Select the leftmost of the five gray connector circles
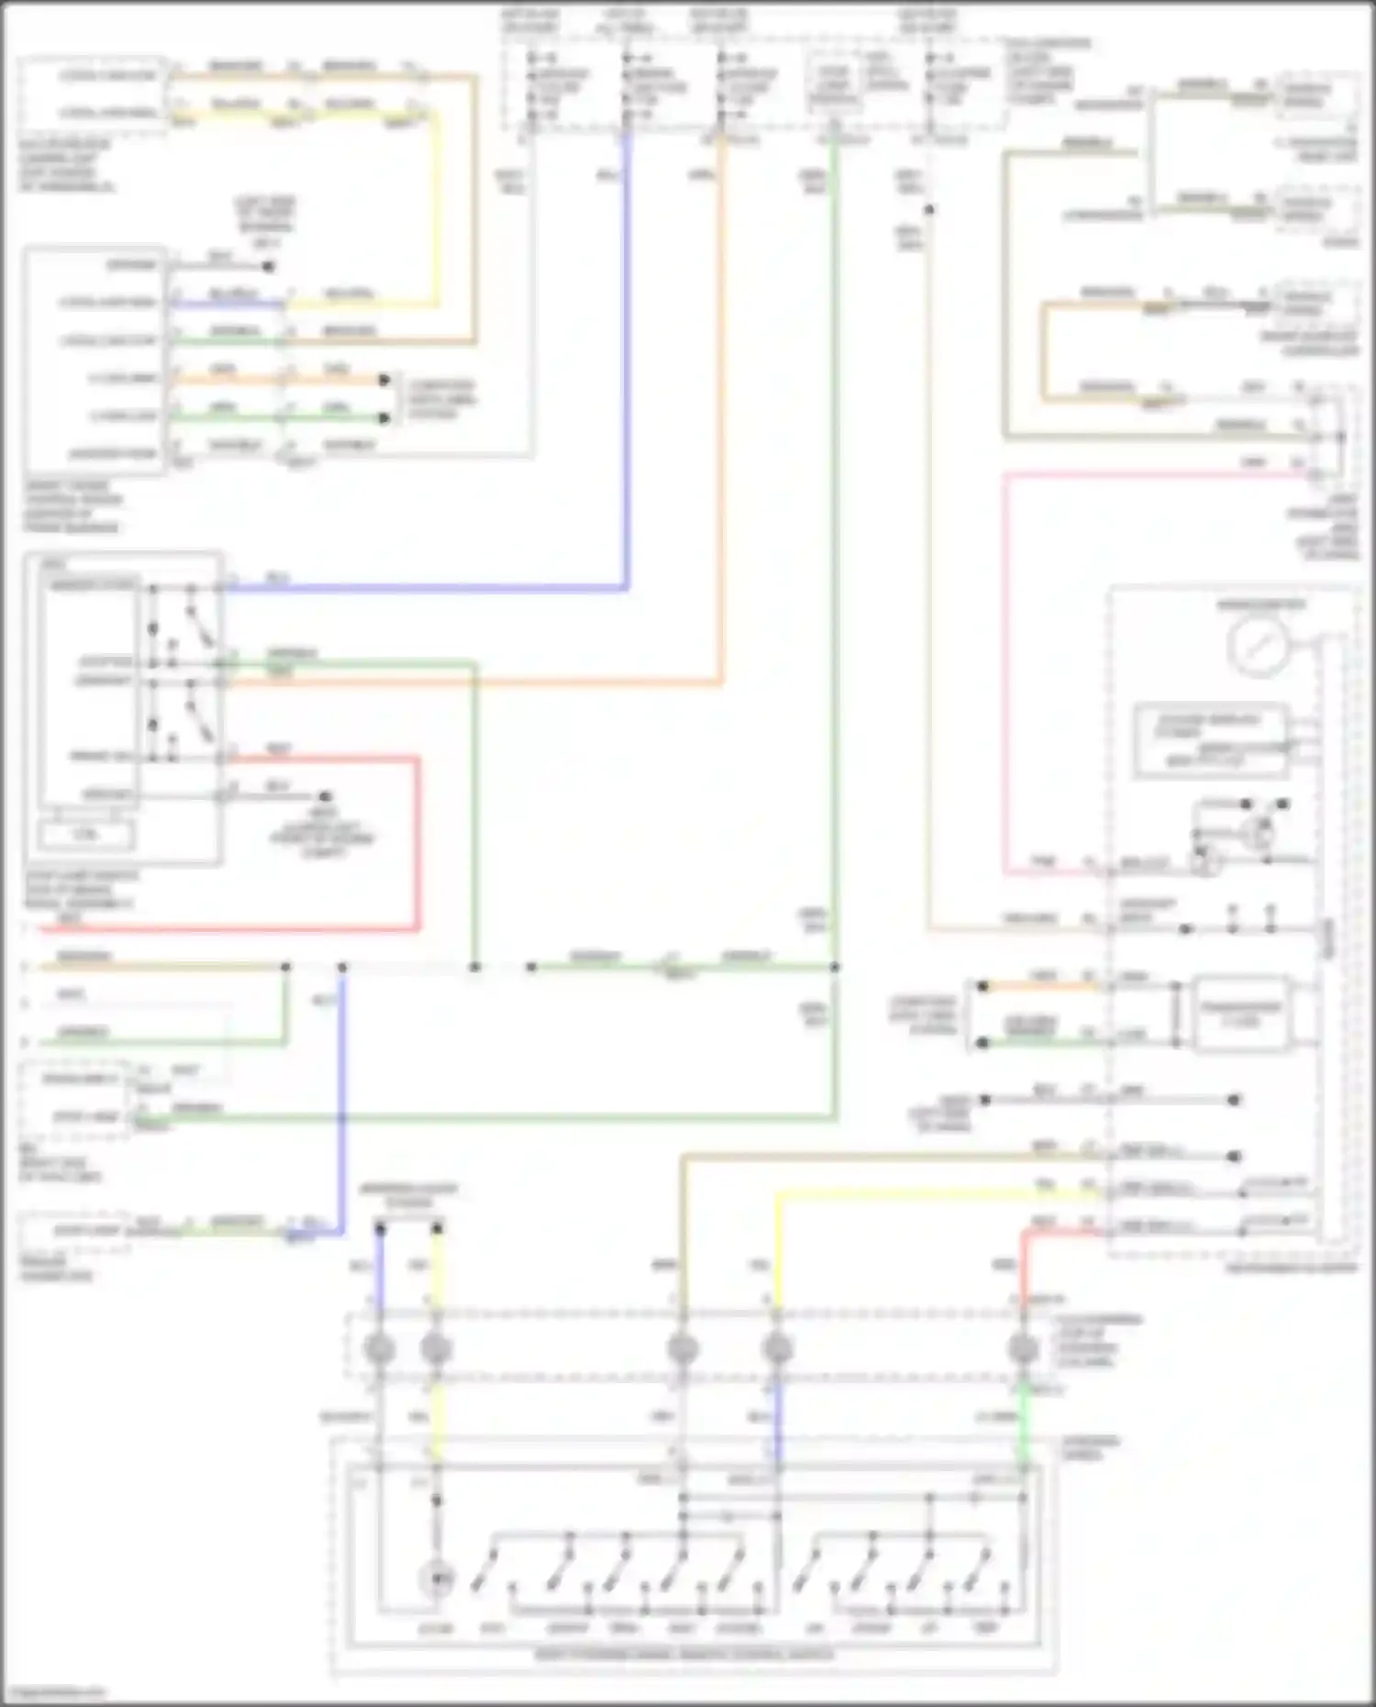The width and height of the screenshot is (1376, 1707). pyautogui.click(x=379, y=1349)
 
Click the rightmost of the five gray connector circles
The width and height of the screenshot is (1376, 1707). pyautogui.click(x=1022, y=1349)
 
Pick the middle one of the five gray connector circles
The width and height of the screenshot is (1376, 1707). pyautogui.click(x=682, y=1349)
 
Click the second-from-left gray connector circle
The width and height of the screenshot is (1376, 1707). pyautogui.click(x=437, y=1349)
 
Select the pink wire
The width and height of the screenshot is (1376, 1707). pyautogui.click(x=1005, y=670)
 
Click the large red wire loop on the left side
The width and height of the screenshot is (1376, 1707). pyautogui.click(x=418, y=844)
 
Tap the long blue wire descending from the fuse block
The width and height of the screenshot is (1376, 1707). pyautogui.click(x=627, y=367)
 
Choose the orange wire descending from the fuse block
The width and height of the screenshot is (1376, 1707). pyautogui.click(x=722, y=413)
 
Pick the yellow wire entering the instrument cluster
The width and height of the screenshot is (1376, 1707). pyautogui.click(x=917, y=1192)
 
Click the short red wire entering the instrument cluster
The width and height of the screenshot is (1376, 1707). pyautogui.click(x=1055, y=1231)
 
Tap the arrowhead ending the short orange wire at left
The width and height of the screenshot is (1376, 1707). pyautogui.click(x=385, y=379)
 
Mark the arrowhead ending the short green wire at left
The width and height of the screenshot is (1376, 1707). pyautogui.click(x=385, y=418)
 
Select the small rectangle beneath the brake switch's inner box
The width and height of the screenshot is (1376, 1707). pyautogui.click(x=85, y=835)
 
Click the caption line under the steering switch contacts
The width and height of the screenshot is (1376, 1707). pyautogui.click(x=683, y=1656)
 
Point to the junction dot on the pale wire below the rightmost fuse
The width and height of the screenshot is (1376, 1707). pyautogui.click(x=928, y=210)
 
